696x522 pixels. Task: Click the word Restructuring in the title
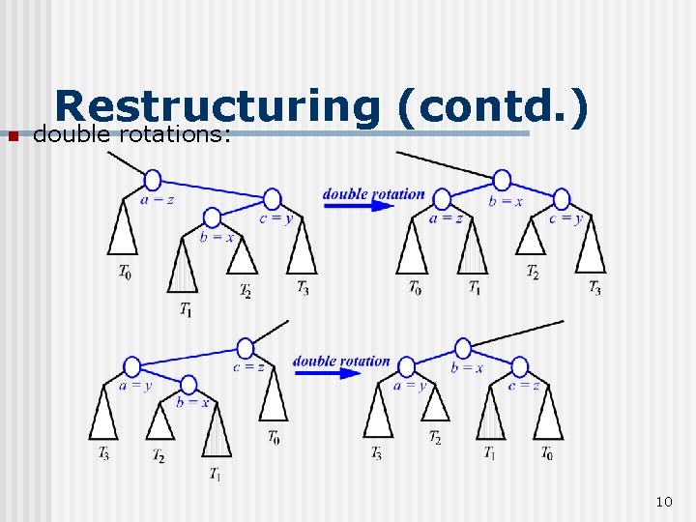[x=215, y=108]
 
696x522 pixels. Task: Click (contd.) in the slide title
[x=490, y=108]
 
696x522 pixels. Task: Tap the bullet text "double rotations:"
[x=131, y=134]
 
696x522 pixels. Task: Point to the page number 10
[x=663, y=501]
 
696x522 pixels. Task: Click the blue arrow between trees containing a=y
[x=341, y=373]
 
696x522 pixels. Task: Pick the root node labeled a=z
[x=152, y=180]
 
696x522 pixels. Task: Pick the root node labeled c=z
[x=246, y=348]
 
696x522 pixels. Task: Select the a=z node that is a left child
[x=442, y=199]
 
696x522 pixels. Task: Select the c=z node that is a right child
[x=520, y=367]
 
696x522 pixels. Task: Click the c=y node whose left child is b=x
[x=273, y=199]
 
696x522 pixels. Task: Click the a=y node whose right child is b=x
[x=131, y=367]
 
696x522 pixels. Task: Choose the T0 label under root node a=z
[x=126, y=273]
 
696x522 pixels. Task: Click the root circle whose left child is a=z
[x=502, y=180]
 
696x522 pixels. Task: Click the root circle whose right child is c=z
[x=463, y=348]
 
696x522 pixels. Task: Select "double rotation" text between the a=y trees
[x=341, y=361]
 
